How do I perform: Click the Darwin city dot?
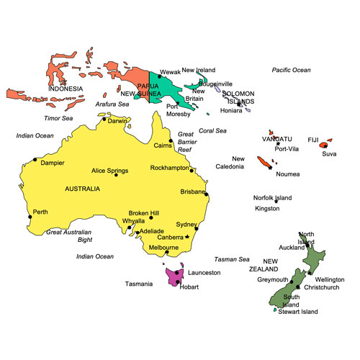coord(104,120)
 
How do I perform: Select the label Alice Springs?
coord(109,171)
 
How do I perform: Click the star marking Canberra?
coord(187,237)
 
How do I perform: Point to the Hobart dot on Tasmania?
coord(177,282)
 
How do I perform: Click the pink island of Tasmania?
coord(173,276)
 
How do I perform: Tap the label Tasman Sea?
coord(231,259)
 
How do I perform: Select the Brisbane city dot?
coord(206,193)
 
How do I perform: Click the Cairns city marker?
coord(171,141)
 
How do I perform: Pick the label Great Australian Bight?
coord(69,235)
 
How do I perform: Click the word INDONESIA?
coord(66,89)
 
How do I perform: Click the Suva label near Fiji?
coord(329,154)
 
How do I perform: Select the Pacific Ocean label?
coord(291,70)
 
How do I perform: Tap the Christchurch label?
coord(322,287)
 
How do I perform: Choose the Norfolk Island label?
coord(272,198)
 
